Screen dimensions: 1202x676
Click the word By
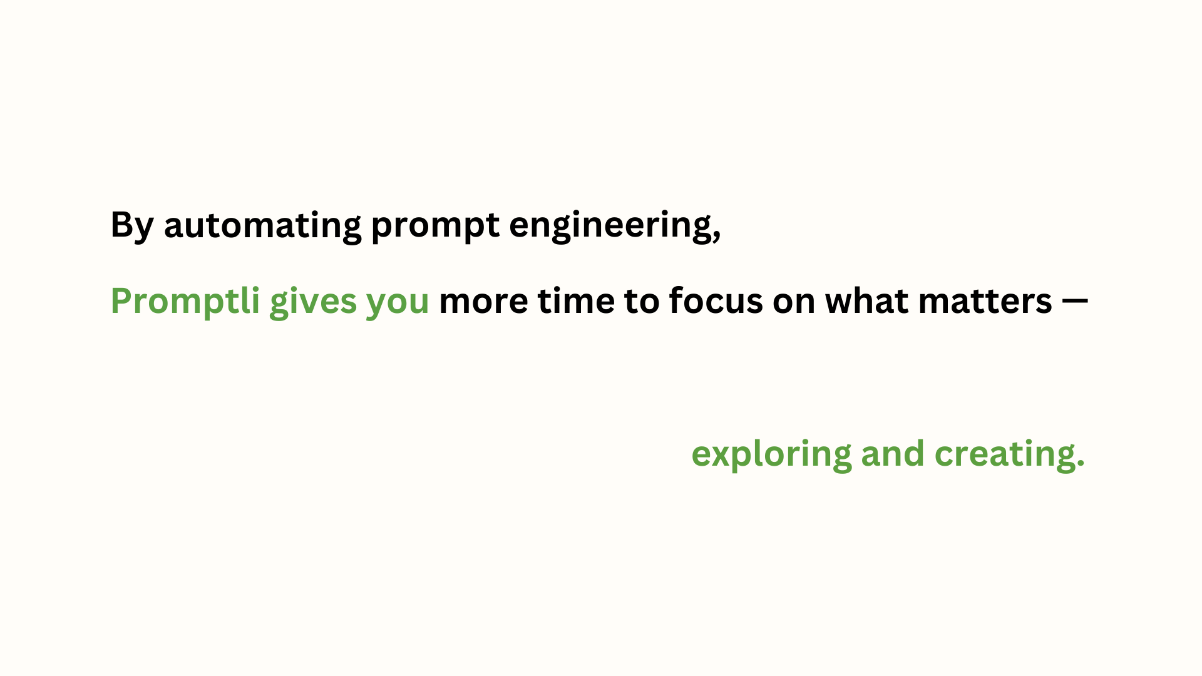click(132, 226)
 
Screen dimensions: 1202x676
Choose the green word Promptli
click(185, 302)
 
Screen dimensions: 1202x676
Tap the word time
click(576, 301)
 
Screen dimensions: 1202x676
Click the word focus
click(716, 300)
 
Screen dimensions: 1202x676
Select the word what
click(867, 301)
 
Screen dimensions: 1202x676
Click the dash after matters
click(1076, 302)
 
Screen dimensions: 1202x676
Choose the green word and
click(893, 453)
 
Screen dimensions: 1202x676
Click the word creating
click(1003, 454)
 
